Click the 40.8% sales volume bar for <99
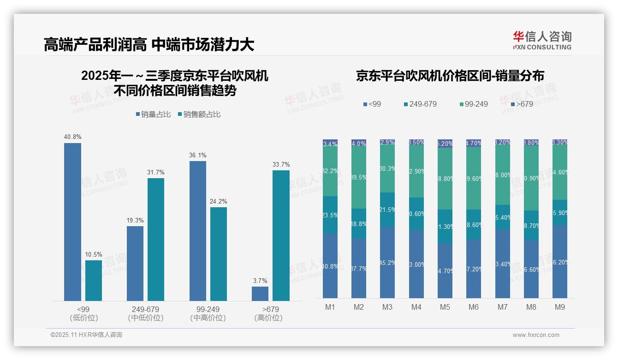(x=72, y=222)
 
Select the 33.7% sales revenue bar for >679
(x=281, y=235)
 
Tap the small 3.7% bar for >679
(x=260, y=294)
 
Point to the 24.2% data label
(x=218, y=201)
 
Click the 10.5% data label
(x=94, y=254)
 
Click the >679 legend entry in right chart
(x=521, y=104)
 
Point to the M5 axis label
(x=445, y=307)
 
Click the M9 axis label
(x=559, y=307)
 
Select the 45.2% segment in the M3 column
(x=387, y=262)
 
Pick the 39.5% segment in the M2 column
(x=359, y=178)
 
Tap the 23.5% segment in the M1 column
(x=330, y=215)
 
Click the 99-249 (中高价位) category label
(x=208, y=313)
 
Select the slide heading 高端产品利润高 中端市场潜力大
(x=149, y=45)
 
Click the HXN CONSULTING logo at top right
(x=542, y=40)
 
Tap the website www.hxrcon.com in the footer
(x=536, y=335)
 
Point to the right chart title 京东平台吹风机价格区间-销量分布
(x=450, y=76)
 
